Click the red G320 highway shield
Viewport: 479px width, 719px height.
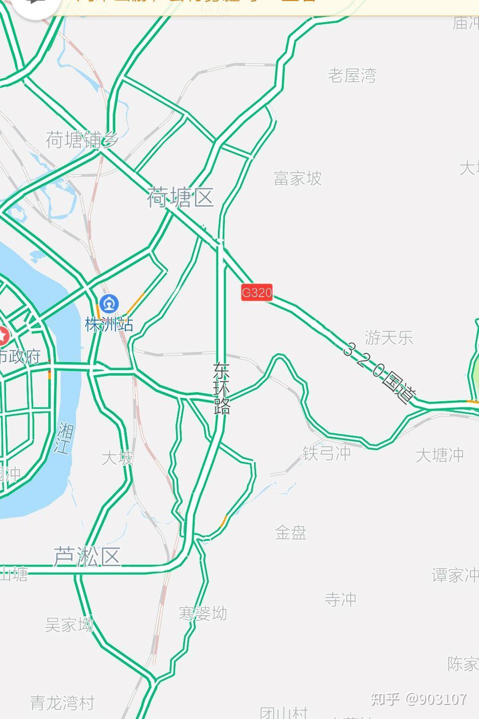tap(257, 293)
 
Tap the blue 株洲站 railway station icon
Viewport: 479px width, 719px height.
tap(109, 304)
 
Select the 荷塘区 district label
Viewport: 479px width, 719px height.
tap(180, 197)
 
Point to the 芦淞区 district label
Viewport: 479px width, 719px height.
tap(87, 557)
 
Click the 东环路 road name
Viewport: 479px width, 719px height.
tap(221, 388)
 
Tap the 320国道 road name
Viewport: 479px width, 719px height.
tap(380, 373)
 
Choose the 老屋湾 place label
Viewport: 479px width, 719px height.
tap(352, 76)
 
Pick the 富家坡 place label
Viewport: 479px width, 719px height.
tap(298, 178)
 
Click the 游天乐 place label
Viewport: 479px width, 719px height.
tap(388, 337)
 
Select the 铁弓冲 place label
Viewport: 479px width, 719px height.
tap(327, 453)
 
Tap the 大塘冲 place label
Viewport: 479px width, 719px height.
tap(439, 455)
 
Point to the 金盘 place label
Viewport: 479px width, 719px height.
tap(291, 532)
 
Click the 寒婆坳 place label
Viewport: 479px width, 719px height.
tap(203, 613)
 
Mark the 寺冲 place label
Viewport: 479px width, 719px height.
tap(340, 599)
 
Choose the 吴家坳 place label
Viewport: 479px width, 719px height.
tap(69, 625)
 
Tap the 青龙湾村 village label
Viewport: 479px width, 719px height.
tap(62, 703)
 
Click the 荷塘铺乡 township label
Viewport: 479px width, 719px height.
tap(82, 140)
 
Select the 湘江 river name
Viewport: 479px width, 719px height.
tap(64, 438)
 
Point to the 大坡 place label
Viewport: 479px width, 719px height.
tap(118, 458)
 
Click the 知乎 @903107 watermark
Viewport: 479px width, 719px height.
tap(419, 699)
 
